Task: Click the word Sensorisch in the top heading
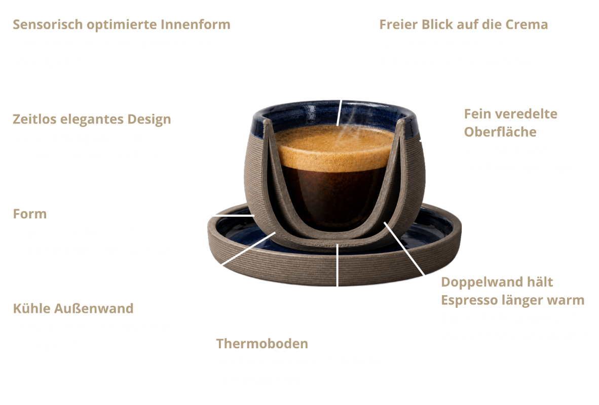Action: point(48,24)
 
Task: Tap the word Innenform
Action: point(195,24)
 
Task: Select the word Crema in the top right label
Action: point(527,24)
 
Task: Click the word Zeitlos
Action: point(35,119)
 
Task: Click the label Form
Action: point(30,214)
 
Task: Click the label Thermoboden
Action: point(262,344)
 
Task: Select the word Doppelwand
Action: point(482,282)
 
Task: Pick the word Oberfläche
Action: point(500,132)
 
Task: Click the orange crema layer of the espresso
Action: point(335,147)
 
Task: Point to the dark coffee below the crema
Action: point(333,195)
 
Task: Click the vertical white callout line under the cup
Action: point(338,265)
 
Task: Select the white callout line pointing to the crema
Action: point(340,113)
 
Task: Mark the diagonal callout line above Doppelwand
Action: point(404,249)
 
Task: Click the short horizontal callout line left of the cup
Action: point(234,216)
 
